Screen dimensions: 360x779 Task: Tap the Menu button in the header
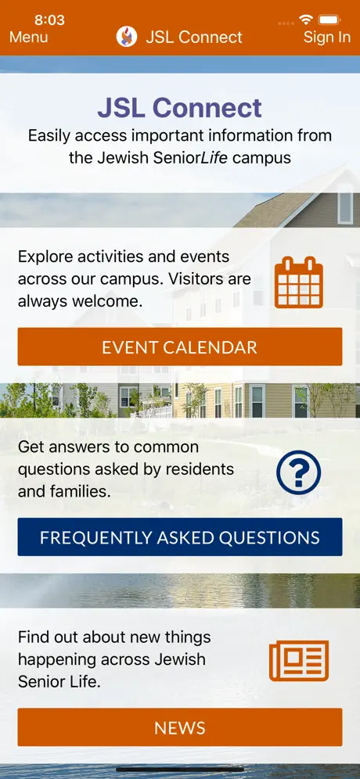pyautogui.click(x=29, y=38)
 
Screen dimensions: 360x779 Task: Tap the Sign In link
pyautogui.click(x=326, y=38)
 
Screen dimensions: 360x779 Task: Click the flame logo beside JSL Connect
pyautogui.click(x=127, y=37)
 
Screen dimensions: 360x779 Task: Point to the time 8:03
pyautogui.click(x=50, y=20)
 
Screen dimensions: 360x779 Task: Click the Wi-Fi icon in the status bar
pyautogui.click(x=306, y=20)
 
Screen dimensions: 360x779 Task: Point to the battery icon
pyautogui.click(x=329, y=20)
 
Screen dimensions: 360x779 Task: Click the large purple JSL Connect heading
pyautogui.click(x=179, y=108)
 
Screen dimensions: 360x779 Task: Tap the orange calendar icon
pyautogui.click(x=299, y=282)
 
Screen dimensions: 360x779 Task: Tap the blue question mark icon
pyautogui.click(x=299, y=472)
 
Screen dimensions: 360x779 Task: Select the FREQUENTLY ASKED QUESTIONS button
pyautogui.click(x=180, y=537)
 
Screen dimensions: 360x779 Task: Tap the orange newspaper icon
pyautogui.click(x=299, y=661)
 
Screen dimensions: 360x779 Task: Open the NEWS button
pyautogui.click(x=180, y=727)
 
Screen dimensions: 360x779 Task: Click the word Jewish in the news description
pyautogui.click(x=179, y=659)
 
